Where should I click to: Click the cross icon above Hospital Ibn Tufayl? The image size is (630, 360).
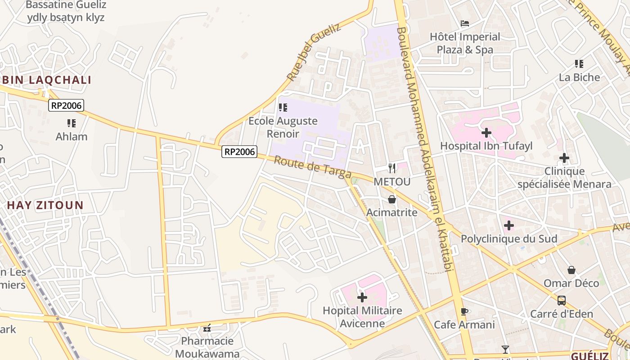pos(486,133)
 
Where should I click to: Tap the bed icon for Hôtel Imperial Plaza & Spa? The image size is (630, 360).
pos(465,23)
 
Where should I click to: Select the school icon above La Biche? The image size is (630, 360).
pos(579,64)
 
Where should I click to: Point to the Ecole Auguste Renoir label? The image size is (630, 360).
pos(283,127)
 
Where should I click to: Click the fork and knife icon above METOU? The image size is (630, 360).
pos(392,168)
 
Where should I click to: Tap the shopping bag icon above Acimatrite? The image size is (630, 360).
pos(392,199)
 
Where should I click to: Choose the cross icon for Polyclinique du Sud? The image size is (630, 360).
pos(509,225)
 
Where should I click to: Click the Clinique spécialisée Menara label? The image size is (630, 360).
pos(564,178)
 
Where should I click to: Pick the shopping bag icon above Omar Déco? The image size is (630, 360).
pos(571,270)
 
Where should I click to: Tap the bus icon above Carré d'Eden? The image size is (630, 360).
pos(562,301)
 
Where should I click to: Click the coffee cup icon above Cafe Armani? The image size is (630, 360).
pos(465,311)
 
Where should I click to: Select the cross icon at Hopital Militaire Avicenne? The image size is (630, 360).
pos(362,297)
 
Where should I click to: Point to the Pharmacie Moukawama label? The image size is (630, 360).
pos(207,347)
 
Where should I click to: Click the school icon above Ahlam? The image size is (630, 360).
pos(71,123)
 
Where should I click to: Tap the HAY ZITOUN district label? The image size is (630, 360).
pos(45,206)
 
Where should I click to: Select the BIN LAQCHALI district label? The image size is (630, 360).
pos(47,80)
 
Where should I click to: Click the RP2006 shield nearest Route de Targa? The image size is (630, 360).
pos(239,152)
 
